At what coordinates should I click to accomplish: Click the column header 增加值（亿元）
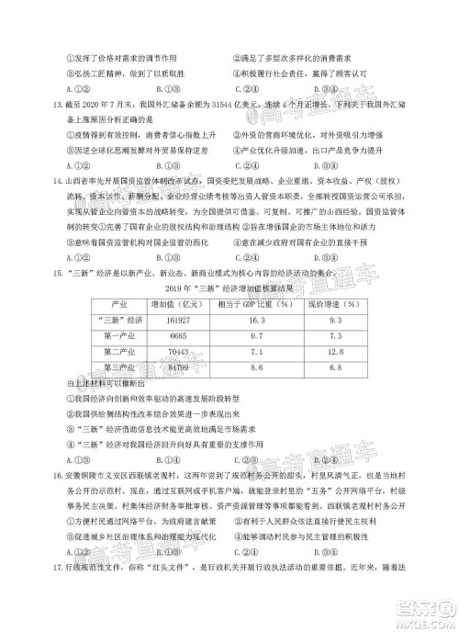click(176, 302)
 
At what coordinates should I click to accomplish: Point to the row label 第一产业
click(118, 335)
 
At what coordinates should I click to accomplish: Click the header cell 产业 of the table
click(118, 302)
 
